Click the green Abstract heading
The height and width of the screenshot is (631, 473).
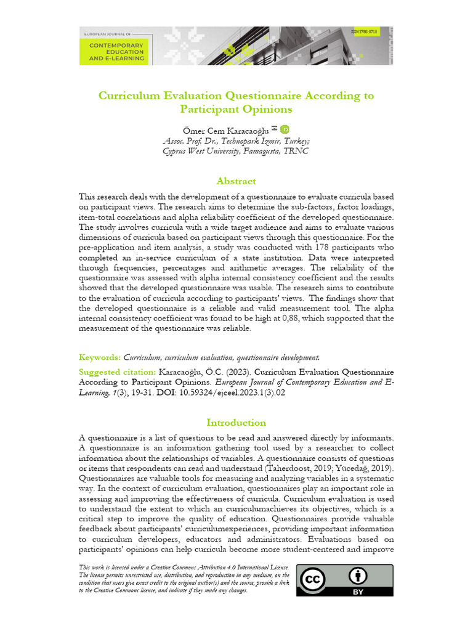[236, 181]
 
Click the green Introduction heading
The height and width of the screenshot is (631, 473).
[236, 423]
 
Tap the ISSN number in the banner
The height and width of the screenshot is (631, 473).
[364, 31]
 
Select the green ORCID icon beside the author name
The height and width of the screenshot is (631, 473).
[285, 129]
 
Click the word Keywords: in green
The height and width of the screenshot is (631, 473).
[100, 357]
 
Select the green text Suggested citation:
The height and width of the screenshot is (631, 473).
[118, 372]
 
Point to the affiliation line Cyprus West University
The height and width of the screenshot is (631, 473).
[236, 150]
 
